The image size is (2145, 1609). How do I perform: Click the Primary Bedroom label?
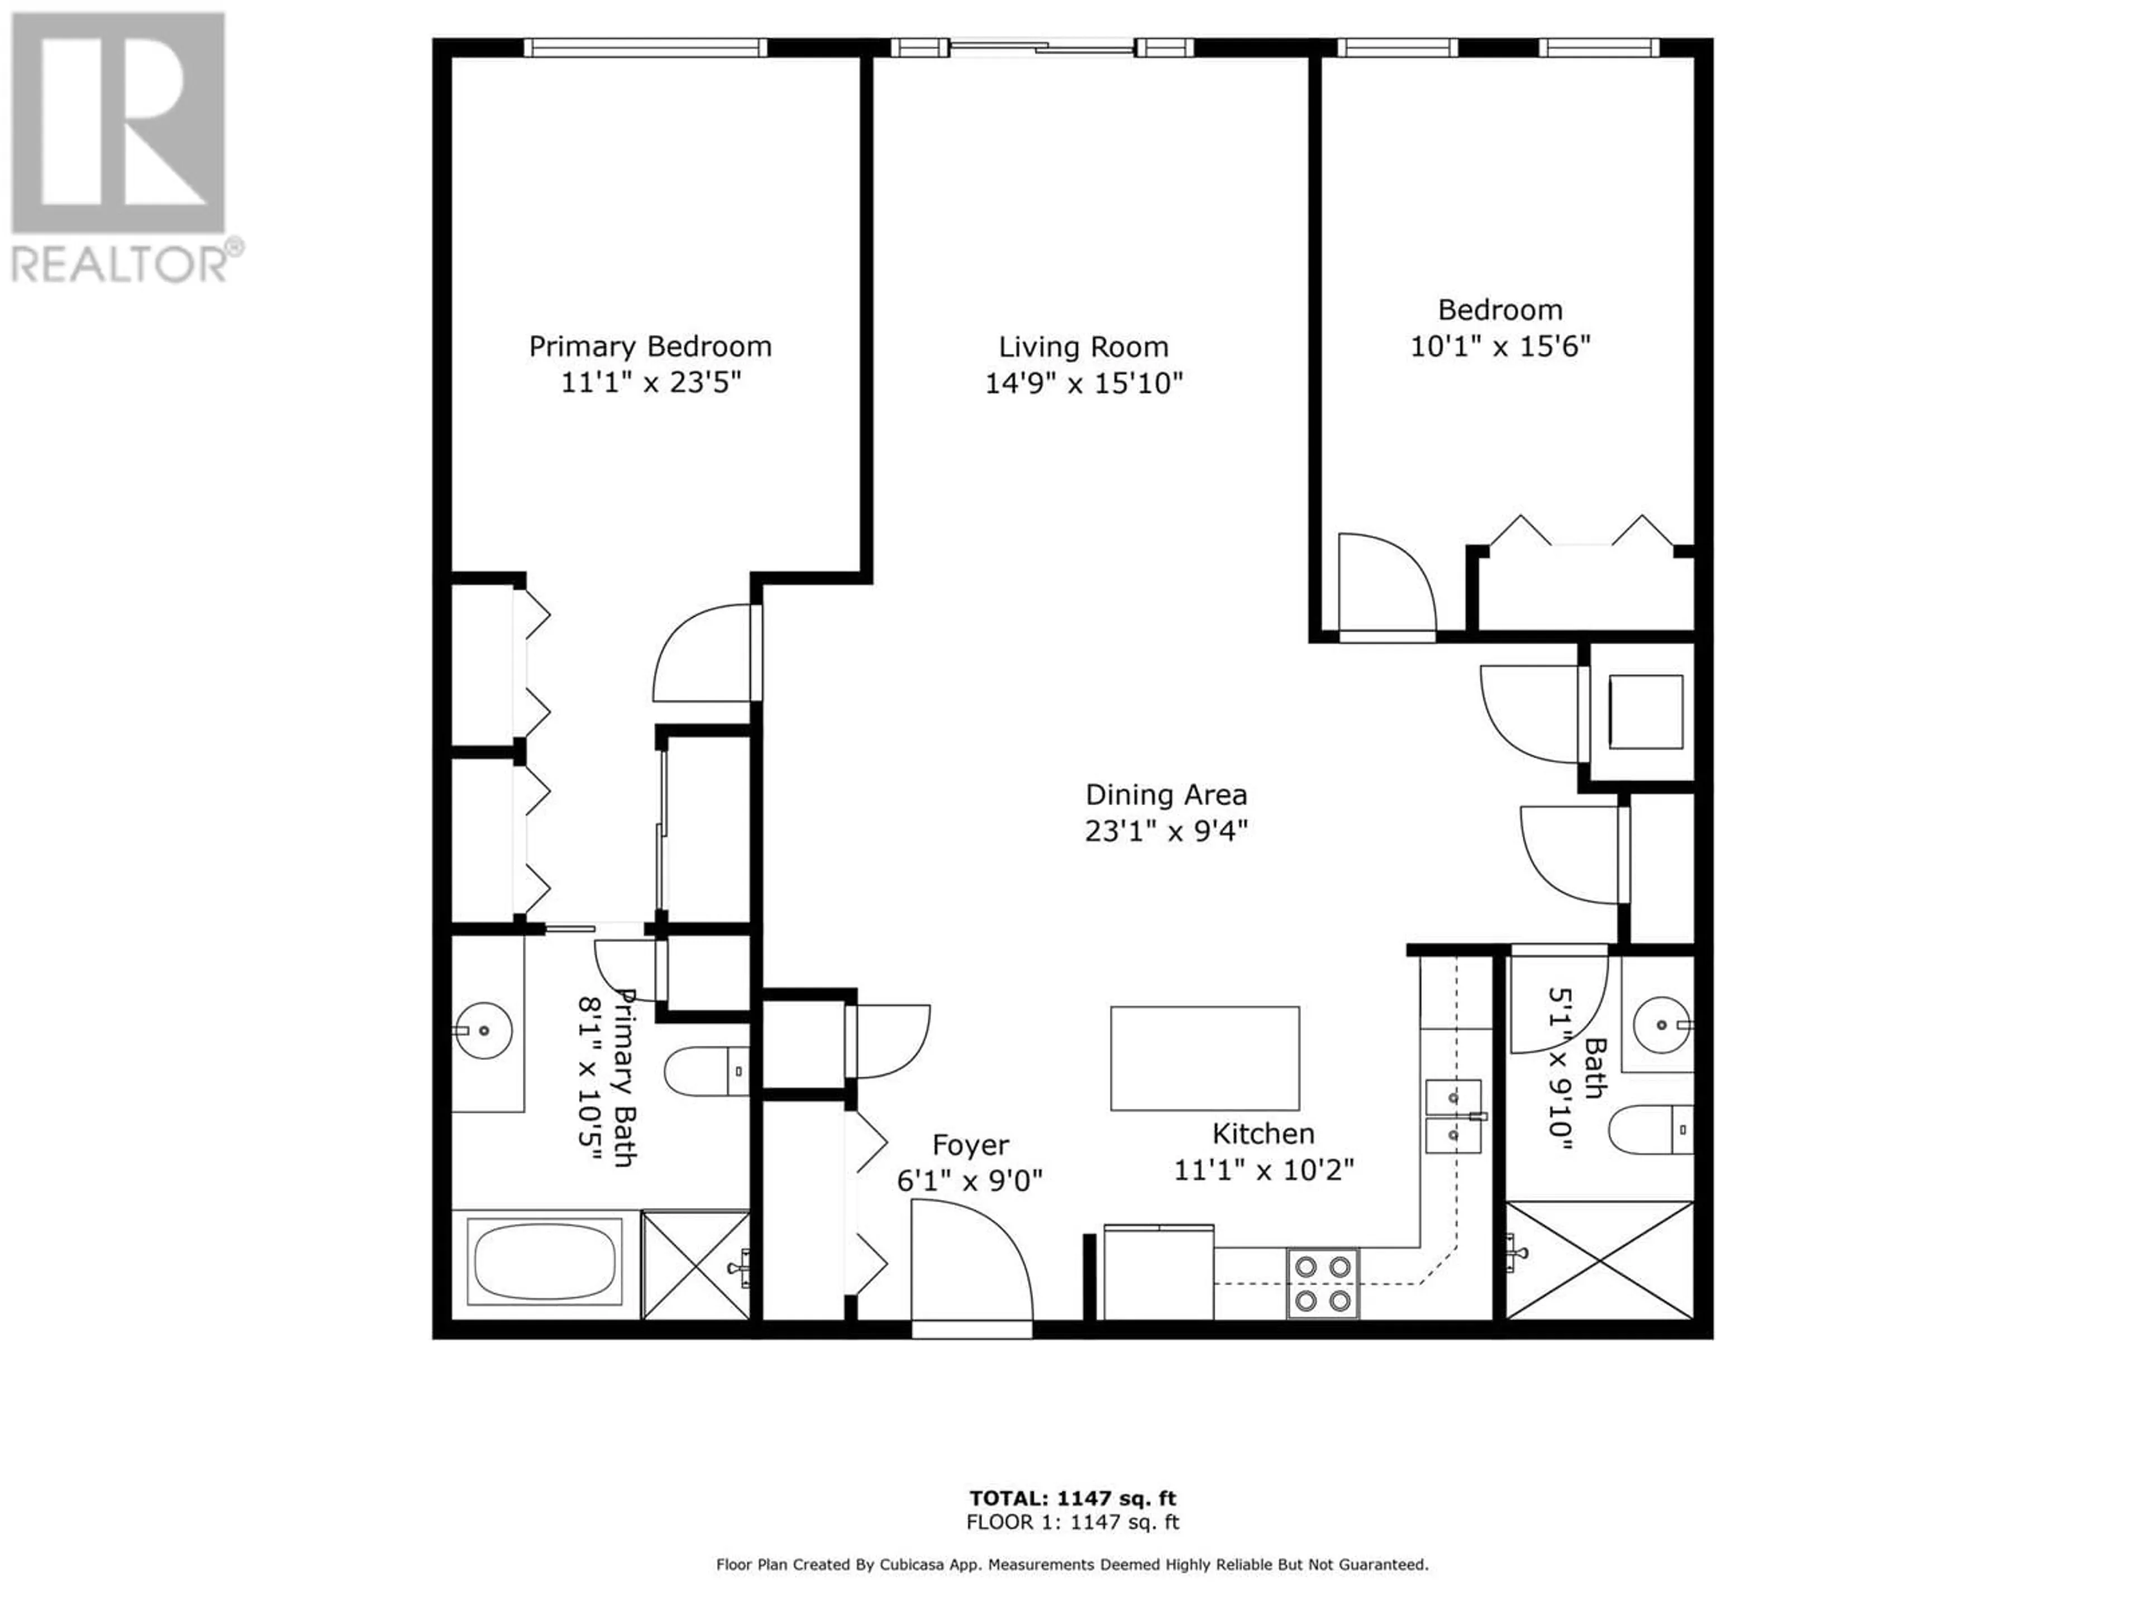click(650, 347)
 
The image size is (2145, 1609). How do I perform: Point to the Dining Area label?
click(1166, 796)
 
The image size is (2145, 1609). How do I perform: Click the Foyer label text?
click(971, 1145)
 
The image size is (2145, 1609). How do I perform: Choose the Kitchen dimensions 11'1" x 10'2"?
click(1264, 1170)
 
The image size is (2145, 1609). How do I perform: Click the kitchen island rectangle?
click(1204, 1058)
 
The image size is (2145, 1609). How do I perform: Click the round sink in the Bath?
click(1662, 1024)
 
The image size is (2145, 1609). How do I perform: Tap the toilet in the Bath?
click(1651, 1130)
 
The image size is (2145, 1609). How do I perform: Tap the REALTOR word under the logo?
click(120, 262)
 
